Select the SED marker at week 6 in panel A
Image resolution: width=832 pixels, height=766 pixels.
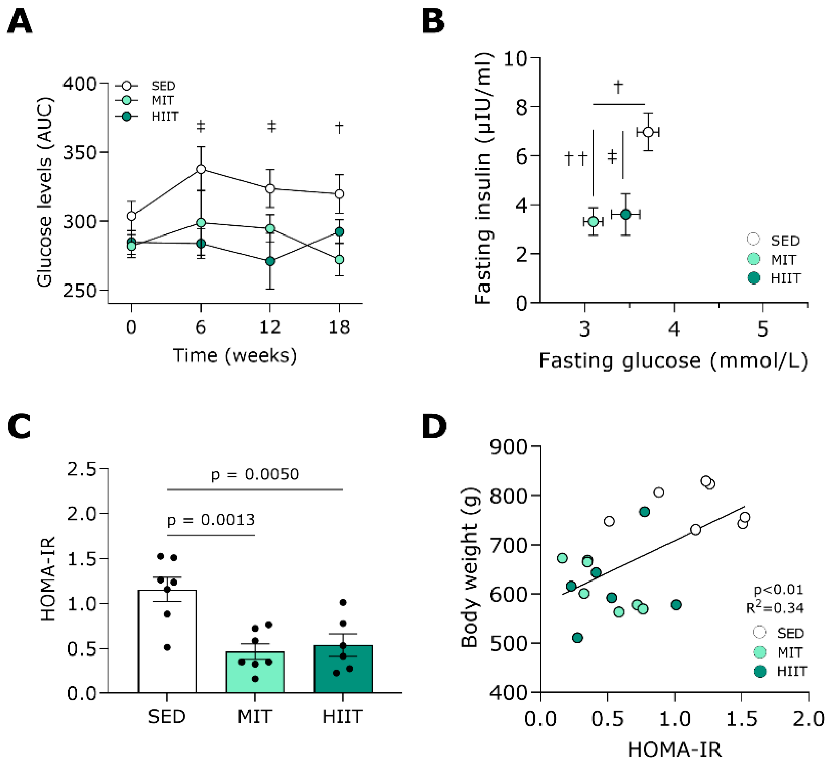click(x=201, y=169)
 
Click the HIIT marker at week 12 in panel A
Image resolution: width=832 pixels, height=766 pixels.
click(x=270, y=261)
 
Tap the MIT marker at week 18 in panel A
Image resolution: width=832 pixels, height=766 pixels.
click(x=339, y=260)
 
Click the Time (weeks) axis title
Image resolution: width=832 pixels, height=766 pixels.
click(x=235, y=356)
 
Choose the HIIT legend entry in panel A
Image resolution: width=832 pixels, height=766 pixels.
click(x=165, y=117)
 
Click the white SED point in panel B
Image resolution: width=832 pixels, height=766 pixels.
click(x=648, y=132)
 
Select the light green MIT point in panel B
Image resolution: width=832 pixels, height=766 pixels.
click(x=593, y=222)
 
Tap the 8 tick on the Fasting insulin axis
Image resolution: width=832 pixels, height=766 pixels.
click(x=523, y=107)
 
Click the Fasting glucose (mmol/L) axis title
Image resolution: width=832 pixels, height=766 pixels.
click(x=673, y=361)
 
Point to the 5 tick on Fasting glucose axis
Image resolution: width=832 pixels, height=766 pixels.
click(x=763, y=329)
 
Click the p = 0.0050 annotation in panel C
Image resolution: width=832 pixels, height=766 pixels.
click(x=255, y=474)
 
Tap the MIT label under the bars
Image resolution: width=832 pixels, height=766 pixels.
click(x=254, y=716)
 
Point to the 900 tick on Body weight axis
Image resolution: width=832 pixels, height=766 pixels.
click(x=508, y=447)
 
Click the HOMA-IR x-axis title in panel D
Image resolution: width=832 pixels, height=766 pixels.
click(x=675, y=749)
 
